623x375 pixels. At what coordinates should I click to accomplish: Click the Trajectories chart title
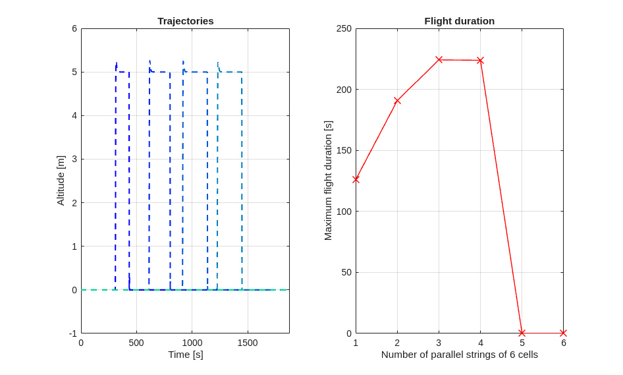[185, 21]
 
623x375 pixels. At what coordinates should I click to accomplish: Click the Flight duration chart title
[459, 21]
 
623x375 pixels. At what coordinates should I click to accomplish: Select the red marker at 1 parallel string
[356, 179]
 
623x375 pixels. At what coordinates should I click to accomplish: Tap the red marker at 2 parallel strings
[397, 101]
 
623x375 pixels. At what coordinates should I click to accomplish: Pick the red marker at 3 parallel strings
[439, 60]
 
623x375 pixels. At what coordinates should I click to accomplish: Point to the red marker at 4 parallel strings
[480, 61]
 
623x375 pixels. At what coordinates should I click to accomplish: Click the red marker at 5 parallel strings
[522, 333]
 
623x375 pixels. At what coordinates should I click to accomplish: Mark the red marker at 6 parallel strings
[563, 333]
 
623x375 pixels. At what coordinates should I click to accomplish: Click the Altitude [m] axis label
[61, 181]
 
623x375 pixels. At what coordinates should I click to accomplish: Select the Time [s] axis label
[185, 355]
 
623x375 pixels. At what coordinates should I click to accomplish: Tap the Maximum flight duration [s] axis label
[328, 181]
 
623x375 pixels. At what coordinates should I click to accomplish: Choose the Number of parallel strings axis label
[459, 355]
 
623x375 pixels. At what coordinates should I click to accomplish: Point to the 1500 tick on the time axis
[248, 343]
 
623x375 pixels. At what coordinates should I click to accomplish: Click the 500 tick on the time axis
[136, 343]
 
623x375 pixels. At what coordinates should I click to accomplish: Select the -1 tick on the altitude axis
[73, 333]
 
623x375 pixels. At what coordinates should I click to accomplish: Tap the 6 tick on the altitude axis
[74, 28]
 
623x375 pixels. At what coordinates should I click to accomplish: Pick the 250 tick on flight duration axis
[344, 28]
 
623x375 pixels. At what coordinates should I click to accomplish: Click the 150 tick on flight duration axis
[344, 150]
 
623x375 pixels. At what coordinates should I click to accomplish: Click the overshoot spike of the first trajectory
[117, 63]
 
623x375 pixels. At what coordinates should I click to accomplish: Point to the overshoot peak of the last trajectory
[218, 63]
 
